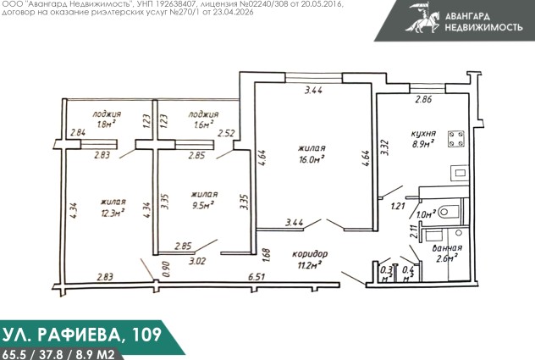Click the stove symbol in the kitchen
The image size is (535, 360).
point(455,138)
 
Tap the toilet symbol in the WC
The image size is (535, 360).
point(448,212)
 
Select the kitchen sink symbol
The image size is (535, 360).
point(460,173)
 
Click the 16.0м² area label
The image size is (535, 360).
point(312,159)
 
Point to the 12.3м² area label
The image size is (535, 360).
point(112,213)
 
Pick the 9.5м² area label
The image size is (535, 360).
point(203,206)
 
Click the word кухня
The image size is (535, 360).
point(423,134)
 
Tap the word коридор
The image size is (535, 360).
point(310,254)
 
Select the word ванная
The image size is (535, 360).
point(447,248)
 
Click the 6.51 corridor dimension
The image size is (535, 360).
point(256,276)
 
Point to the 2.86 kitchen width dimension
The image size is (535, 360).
point(423,99)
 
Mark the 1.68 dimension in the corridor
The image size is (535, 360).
point(266,255)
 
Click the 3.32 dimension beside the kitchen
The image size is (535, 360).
point(385,147)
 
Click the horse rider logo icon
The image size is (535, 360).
point(423,18)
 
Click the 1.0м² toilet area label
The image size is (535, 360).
point(426,214)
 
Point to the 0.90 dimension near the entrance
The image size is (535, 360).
point(166,269)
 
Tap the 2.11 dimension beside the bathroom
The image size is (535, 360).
point(414,231)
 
